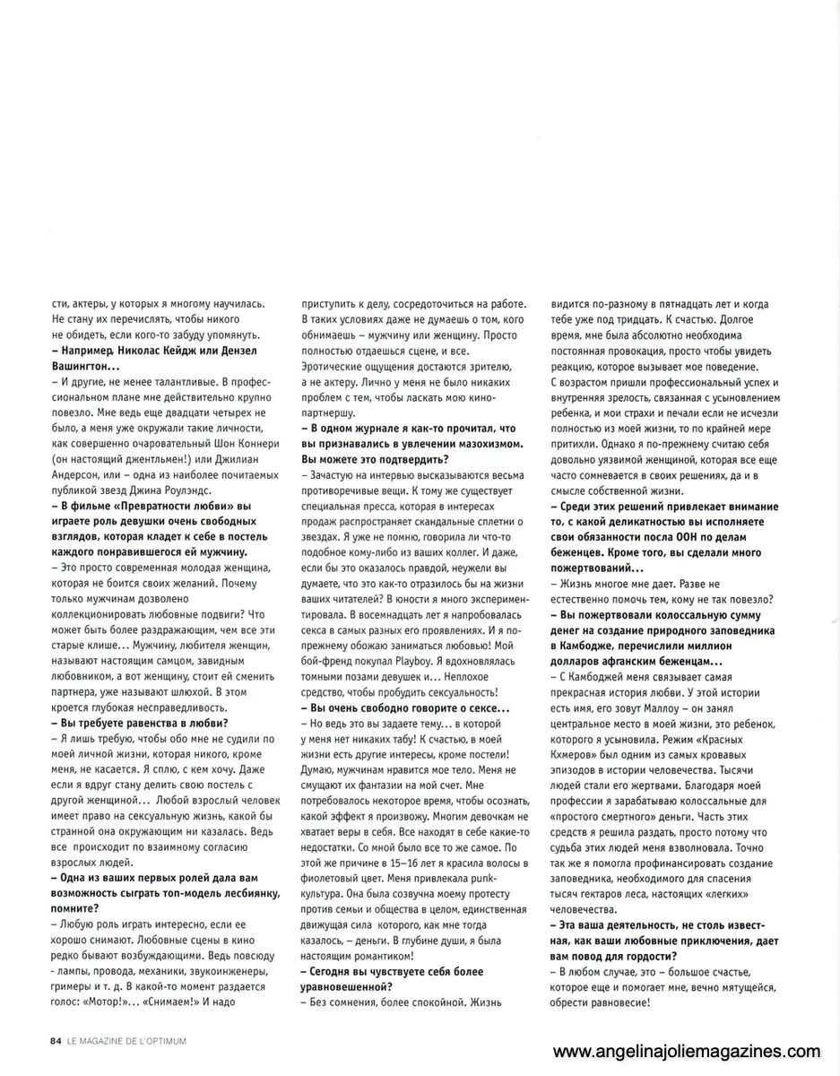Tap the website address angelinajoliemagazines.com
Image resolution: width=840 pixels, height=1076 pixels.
pos(686,1051)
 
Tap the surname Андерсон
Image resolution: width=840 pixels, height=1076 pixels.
pos(80,462)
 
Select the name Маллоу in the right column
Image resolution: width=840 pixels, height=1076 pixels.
pos(676,708)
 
